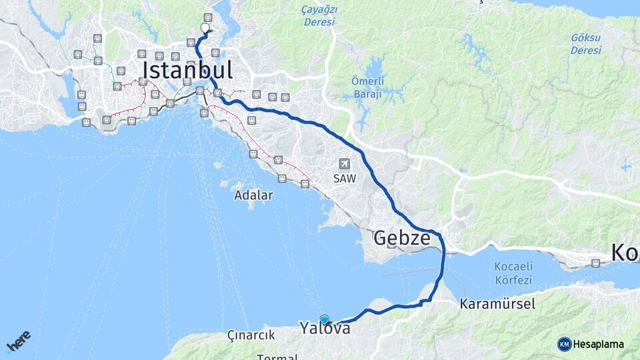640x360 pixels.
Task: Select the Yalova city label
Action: point(325,328)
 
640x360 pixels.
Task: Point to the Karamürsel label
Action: point(497,304)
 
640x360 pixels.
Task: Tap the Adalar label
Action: point(253,195)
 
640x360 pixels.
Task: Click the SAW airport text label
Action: point(345,179)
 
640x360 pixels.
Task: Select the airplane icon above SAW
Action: point(345,163)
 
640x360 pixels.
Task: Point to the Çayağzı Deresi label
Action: point(319,16)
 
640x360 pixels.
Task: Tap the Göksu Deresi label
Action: point(586,44)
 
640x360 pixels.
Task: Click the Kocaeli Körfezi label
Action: point(514,273)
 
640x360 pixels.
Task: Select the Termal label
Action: point(277,357)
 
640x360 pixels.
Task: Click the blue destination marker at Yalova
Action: point(325,319)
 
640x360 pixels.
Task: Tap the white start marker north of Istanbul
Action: point(205,28)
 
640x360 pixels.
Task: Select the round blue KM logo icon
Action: point(565,344)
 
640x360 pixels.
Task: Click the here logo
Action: point(18,341)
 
